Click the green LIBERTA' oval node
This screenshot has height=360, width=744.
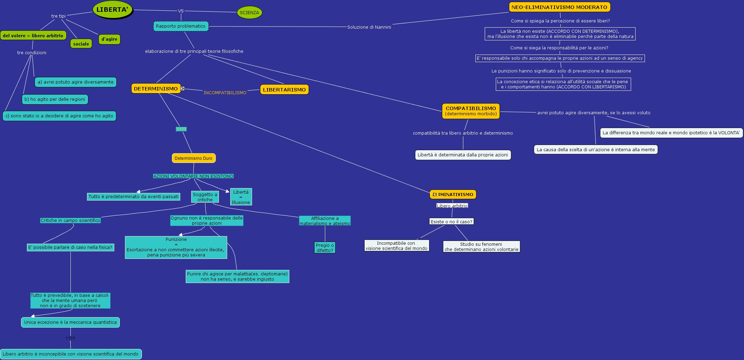pos(112,10)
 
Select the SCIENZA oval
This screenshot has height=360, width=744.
pos(249,13)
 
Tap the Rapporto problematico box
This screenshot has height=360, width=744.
pos(181,26)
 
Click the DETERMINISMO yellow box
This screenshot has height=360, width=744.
pos(156,89)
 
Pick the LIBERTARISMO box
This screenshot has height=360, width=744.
pos(284,90)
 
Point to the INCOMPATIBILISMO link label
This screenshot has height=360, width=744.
pos(225,93)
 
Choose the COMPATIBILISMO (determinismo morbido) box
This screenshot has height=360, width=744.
pos(471,111)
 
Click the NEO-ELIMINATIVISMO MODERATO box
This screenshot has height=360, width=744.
pos(559,7)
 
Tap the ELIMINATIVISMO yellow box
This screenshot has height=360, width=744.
pos(453,195)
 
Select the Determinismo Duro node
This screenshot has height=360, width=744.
pos(193,158)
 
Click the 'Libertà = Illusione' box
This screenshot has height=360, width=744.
pos(241,197)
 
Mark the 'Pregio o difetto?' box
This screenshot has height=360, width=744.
pos(325,248)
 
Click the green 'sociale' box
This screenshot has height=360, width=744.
pos(81,44)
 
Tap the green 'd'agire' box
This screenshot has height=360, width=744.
pos(109,39)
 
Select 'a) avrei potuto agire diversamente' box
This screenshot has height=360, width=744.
pos(76,82)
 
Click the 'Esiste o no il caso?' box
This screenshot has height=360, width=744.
pos(451,222)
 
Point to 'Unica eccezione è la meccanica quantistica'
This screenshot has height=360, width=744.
pos(70,322)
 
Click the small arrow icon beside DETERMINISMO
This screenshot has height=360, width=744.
pos(183,89)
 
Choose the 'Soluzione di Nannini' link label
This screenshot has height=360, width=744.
pos(369,27)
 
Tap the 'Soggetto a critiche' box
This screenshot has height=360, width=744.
pos(205,197)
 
